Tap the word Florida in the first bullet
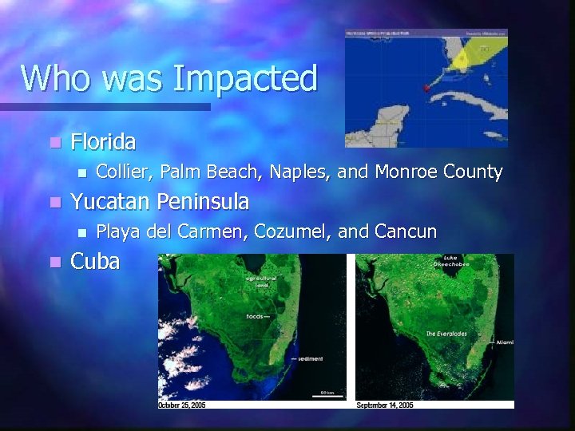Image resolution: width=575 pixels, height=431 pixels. [x=103, y=142]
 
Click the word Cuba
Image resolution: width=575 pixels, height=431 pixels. [x=96, y=261]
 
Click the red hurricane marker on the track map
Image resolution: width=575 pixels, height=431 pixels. [x=426, y=87]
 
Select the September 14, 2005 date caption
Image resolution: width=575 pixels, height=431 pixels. [x=384, y=405]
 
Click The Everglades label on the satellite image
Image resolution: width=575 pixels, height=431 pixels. [x=448, y=333]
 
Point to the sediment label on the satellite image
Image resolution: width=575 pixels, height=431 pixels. [x=310, y=359]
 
